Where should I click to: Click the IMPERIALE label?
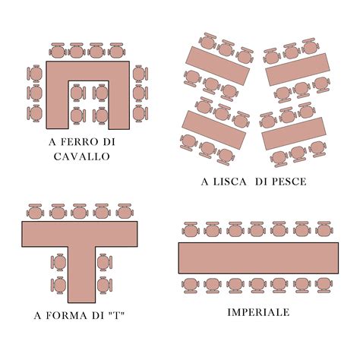[258, 312]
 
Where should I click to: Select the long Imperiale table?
[258, 257]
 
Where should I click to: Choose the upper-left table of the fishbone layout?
[219, 65]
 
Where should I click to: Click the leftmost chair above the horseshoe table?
[58, 51]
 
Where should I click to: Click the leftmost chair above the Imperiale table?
[190, 229]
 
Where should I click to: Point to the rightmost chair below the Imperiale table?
[324, 285]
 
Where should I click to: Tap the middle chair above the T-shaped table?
[80, 210]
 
